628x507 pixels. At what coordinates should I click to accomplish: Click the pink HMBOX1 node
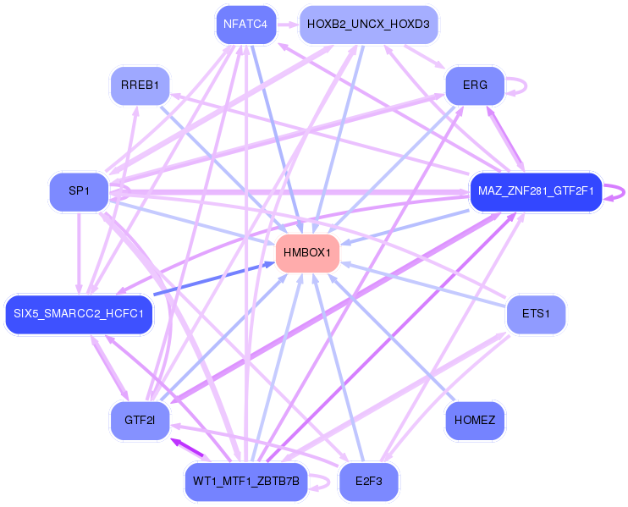[x=308, y=252]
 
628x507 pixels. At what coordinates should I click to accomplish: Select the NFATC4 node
[x=245, y=24]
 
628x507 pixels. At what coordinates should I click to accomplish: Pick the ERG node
[x=475, y=85]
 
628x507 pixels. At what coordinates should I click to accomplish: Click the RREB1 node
[x=140, y=85]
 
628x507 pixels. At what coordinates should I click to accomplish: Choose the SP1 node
[x=79, y=191]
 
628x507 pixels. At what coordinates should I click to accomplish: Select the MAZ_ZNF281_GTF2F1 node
[x=535, y=191]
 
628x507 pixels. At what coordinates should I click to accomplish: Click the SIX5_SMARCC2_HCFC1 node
[x=80, y=315]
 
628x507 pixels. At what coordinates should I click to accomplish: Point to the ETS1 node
[x=535, y=314]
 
